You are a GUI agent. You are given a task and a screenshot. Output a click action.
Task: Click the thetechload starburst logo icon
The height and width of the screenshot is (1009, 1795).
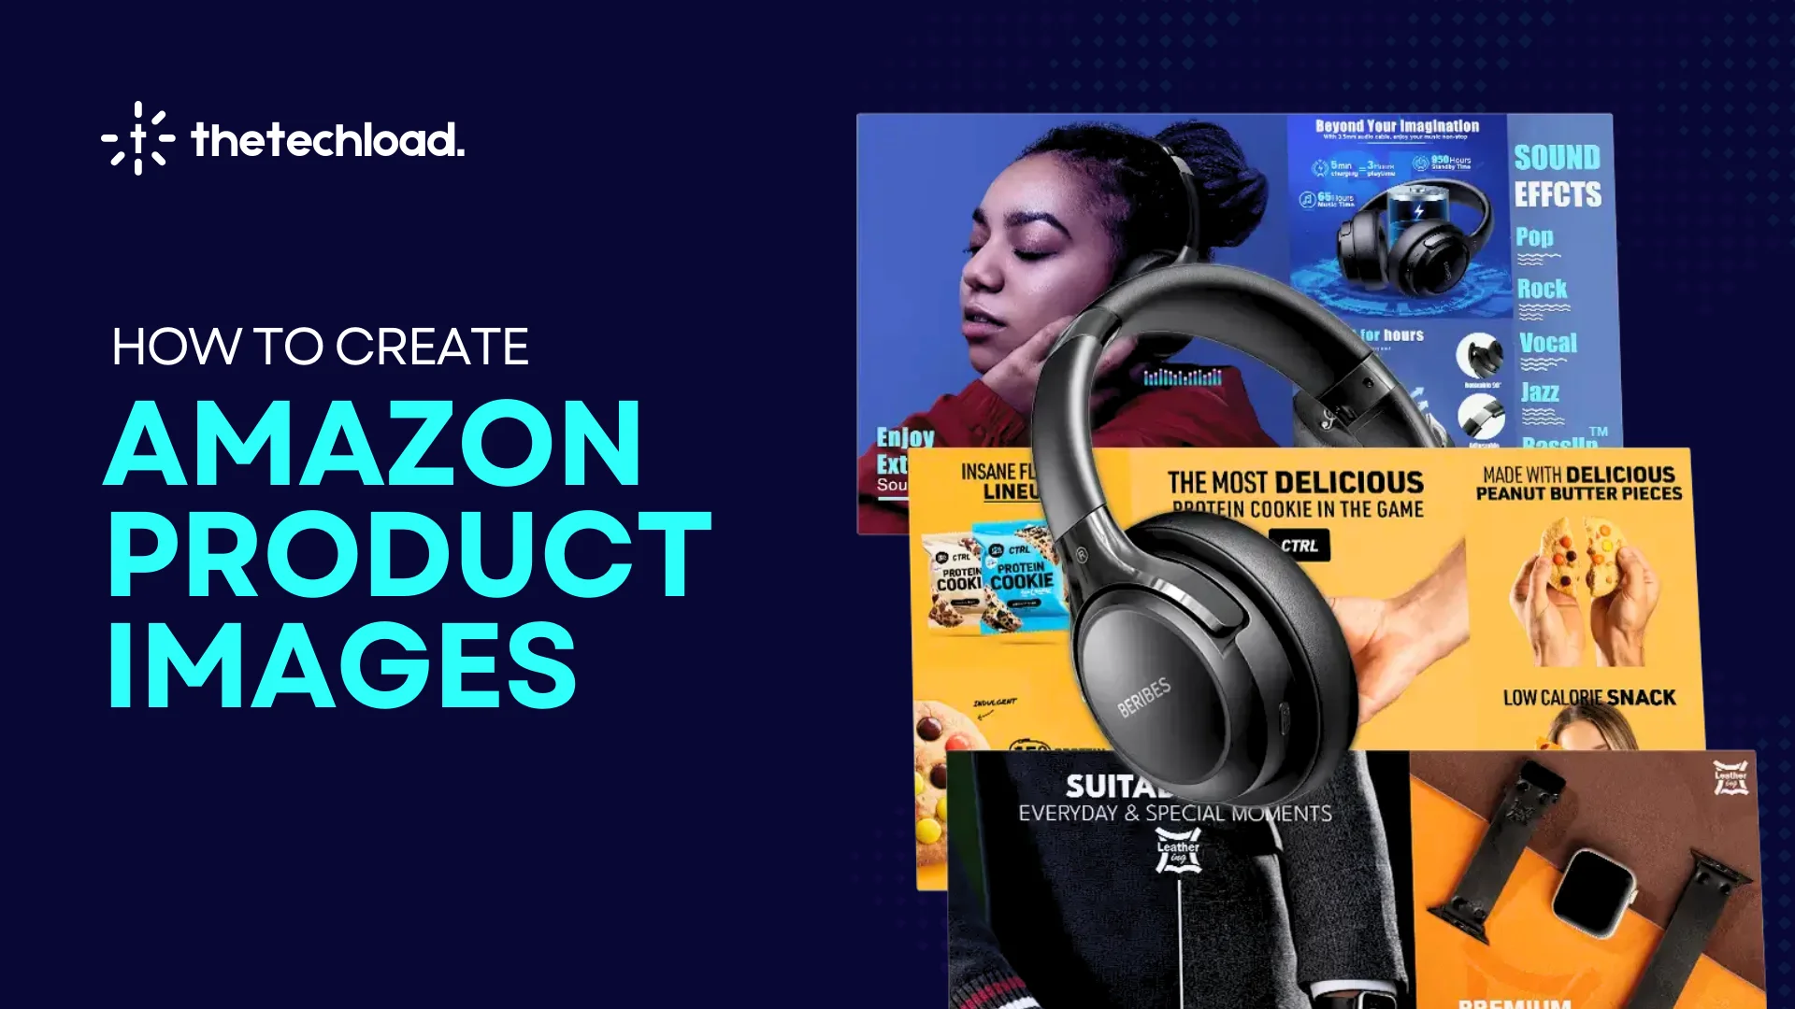point(138,138)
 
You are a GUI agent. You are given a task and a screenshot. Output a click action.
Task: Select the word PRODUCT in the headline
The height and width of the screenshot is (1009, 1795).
point(409,555)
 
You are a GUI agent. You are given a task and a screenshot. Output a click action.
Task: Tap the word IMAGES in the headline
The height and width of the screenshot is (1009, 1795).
point(342,665)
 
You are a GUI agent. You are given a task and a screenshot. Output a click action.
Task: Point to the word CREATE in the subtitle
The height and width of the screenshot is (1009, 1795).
point(432,347)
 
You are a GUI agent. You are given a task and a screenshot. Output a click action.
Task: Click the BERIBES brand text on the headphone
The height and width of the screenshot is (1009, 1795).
point(1143,697)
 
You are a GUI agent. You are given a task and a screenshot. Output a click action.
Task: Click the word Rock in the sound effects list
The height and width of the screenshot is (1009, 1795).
point(1542,289)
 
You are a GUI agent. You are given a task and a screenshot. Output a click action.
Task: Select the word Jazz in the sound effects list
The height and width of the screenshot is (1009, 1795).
point(1539,392)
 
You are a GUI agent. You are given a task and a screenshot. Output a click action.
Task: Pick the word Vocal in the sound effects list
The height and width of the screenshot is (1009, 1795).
point(1548,343)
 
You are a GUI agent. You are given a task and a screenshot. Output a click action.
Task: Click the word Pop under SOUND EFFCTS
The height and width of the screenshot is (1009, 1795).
point(1534,237)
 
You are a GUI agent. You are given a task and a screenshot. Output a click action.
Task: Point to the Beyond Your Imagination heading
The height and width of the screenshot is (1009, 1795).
point(1397,126)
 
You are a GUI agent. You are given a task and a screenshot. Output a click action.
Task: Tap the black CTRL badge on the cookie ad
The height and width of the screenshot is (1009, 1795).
point(1299,546)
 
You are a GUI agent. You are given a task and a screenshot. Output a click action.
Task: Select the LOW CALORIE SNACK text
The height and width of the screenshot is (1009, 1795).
point(1588,698)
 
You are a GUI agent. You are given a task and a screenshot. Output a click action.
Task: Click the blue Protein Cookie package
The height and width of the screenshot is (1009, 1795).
point(1021,579)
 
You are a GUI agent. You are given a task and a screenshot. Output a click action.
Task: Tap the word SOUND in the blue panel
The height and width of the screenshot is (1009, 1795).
point(1557,157)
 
